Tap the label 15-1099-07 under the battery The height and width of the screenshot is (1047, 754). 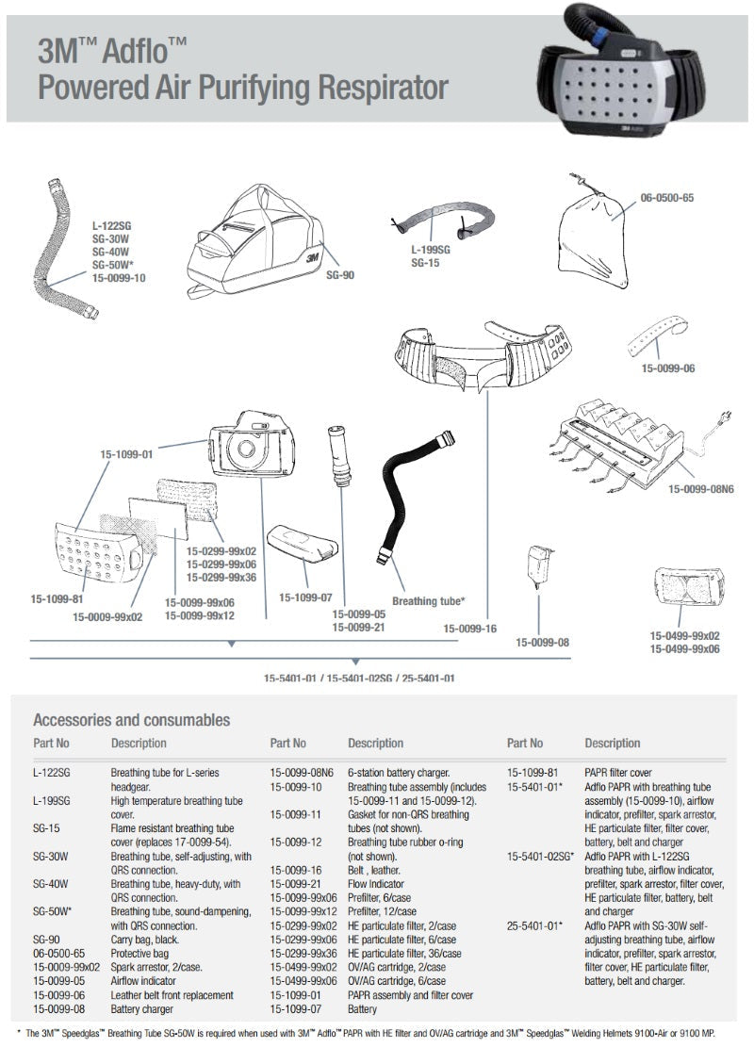click(x=305, y=597)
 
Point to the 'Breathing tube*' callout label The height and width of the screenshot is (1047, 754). click(x=428, y=600)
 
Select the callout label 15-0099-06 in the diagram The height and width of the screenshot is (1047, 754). click(x=668, y=368)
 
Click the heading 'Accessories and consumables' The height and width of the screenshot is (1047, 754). click(x=131, y=720)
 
